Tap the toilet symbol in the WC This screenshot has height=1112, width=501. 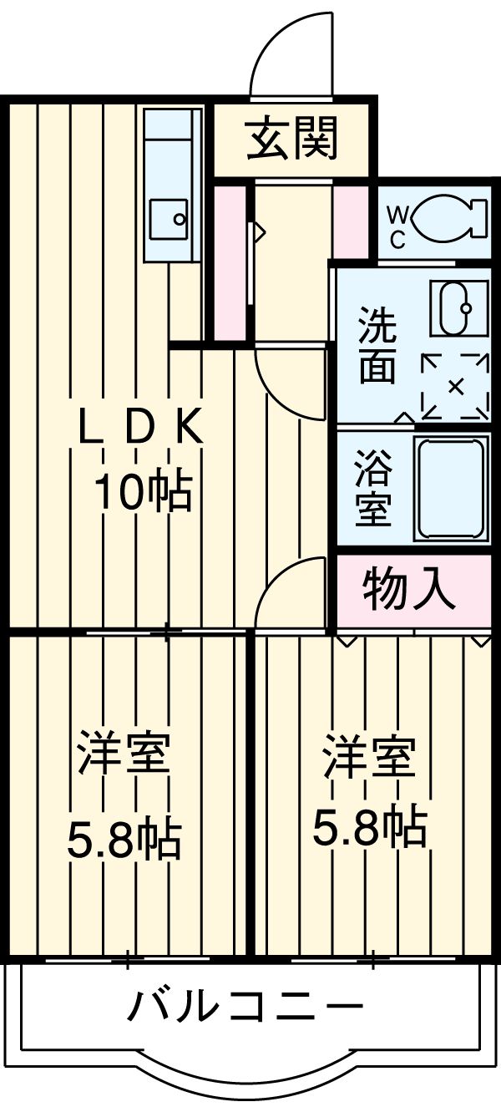(450, 217)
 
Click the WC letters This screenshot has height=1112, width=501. (397, 227)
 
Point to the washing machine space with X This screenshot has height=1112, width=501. (455, 386)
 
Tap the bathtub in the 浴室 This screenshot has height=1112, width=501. (452, 489)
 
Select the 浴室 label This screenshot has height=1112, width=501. (372, 489)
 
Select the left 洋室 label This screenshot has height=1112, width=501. (125, 755)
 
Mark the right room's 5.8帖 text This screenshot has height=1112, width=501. (370, 828)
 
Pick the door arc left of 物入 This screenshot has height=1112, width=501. (288, 590)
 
